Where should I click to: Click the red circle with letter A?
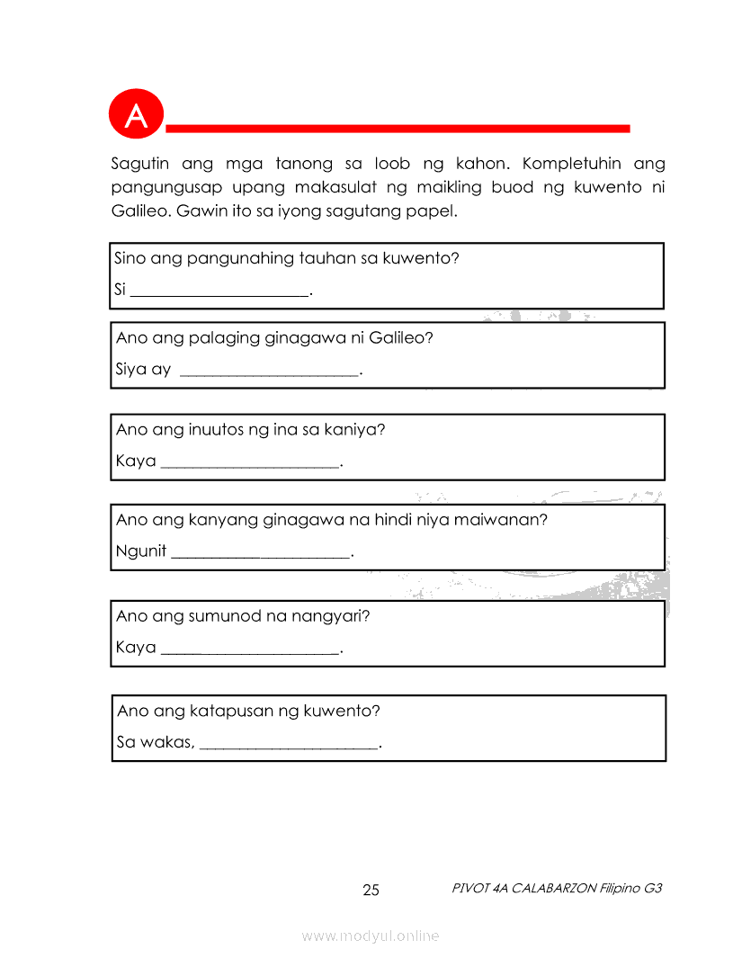[x=136, y=115]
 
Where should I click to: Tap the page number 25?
[x=371, y=891]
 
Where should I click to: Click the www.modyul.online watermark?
[x=371, y=936]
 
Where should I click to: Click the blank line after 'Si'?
[x=219, y=293]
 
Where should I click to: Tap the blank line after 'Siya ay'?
[x=269, y=372]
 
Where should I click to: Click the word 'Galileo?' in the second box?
[x=401, y=338]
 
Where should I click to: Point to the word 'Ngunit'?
[x=141, y=551]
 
